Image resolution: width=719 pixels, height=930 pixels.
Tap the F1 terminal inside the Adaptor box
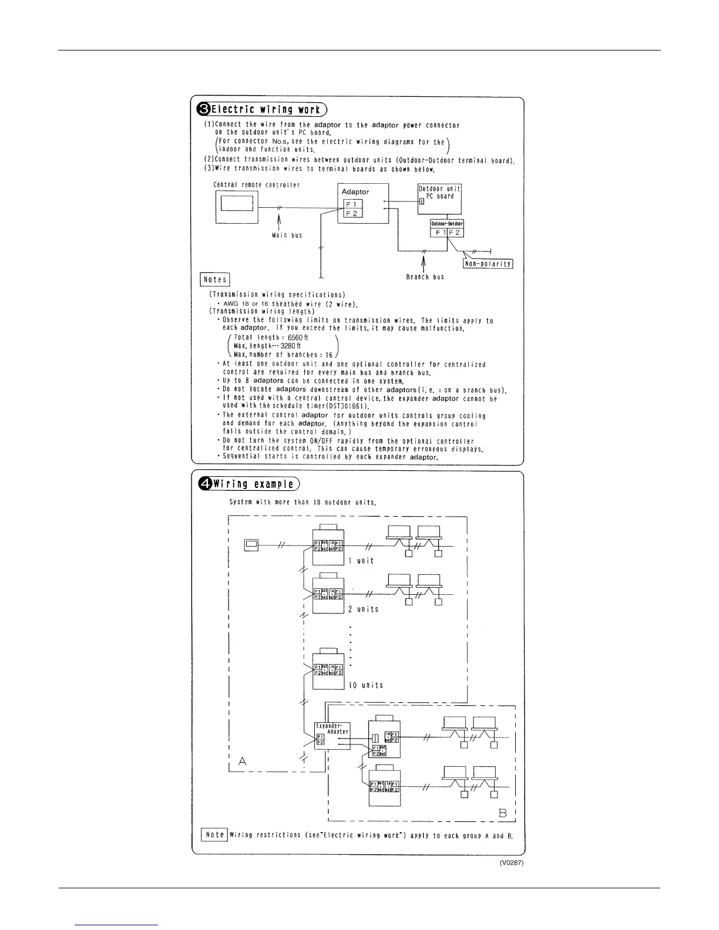[352, 204]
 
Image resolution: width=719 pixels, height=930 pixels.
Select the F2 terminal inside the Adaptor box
[352, 213]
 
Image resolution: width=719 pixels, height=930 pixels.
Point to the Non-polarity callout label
[488, 264]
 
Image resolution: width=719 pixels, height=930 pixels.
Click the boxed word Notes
[215, 279]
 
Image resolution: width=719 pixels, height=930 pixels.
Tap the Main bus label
[288, 235]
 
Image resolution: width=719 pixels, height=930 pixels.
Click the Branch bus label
[425, 277]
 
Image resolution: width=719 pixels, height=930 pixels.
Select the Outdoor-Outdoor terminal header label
[447, 223]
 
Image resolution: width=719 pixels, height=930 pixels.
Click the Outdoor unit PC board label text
[439, 192]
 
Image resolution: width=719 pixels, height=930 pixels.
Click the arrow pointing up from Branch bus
[423, 262]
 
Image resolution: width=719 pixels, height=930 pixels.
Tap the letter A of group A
[243, 761]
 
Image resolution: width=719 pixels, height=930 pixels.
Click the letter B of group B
[503, 814]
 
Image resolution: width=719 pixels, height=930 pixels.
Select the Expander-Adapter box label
[332, 729]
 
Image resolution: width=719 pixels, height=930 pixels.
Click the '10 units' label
[365, 685]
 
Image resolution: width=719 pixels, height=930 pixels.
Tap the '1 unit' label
[361, 561]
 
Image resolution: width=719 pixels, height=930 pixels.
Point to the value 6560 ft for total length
[298, 338]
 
